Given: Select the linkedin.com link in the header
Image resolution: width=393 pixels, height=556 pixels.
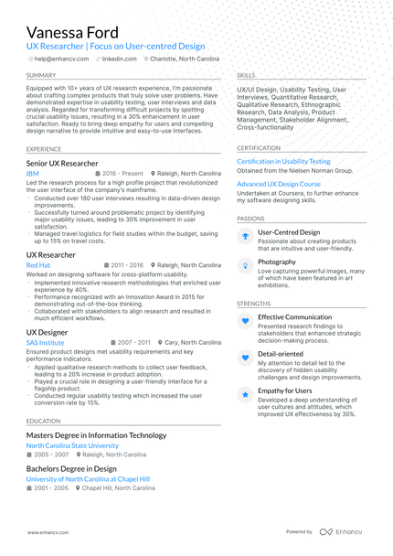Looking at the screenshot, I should [x=119, y=59].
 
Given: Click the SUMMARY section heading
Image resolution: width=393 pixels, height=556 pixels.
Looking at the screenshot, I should [x=40, y=75].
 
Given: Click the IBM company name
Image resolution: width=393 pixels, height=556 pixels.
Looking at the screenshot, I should [x=32, y=173].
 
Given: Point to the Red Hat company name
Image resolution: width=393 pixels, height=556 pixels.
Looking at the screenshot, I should [x=38, y=265].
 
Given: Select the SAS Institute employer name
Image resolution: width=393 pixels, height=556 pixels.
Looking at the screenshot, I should [x=45, y=342].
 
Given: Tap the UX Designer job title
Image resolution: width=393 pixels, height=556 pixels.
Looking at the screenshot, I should [x=47, y=332].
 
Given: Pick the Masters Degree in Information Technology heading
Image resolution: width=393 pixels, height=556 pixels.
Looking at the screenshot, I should [x=96, y=435].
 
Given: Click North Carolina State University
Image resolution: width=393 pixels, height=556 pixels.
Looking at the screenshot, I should [x=72, y=445].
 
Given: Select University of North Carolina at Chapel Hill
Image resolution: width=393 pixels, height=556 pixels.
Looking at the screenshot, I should [x=88, y=478].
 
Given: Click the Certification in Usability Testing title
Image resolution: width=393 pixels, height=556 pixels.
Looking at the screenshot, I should [x=283, y=161].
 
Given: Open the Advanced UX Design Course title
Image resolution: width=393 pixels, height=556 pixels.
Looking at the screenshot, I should [x=279, y=184].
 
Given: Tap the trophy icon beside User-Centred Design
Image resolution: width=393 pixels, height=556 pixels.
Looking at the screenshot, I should [x=245, y=236].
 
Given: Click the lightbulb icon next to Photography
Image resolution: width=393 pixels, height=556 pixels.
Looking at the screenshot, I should [x=245, y=265].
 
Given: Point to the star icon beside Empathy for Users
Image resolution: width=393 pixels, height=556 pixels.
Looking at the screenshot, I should [x=245, y=394].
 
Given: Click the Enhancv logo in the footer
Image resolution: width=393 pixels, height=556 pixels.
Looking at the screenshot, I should [x=343, y=531].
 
